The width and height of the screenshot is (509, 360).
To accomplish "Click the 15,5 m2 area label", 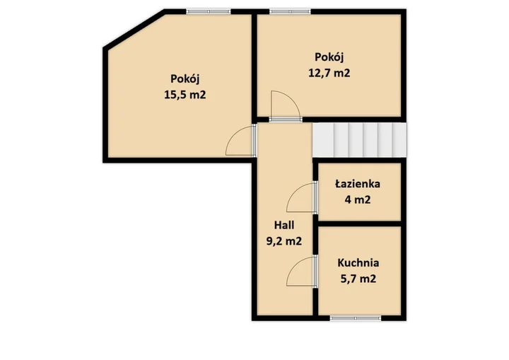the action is [185, 95].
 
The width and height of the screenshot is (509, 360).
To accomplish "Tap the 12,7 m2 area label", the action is [329, 73].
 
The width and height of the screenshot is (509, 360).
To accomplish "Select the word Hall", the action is [284, 225].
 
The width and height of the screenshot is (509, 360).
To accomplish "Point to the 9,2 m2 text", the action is [284, 241].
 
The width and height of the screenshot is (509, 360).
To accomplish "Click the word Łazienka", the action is [358, 184].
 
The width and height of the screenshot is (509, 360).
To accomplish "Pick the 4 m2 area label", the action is [358, 199].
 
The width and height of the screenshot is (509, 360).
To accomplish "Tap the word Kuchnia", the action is [358, 262].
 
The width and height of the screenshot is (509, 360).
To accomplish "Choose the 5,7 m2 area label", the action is [358, 279].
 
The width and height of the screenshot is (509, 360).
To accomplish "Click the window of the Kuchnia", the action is [356, 318].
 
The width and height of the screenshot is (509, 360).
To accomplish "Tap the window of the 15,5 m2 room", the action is [209, 12].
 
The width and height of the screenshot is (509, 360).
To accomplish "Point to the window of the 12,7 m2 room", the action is [290, 12].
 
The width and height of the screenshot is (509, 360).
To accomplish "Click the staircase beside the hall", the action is [359, 140].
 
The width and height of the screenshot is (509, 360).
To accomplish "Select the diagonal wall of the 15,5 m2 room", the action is [134, 29].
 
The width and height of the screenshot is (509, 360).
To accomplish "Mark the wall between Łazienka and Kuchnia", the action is [360, 224].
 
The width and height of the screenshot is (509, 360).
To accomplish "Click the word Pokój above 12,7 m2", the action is [329, 57].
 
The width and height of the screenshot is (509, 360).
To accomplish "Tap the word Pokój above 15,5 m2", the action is [185, 79].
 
